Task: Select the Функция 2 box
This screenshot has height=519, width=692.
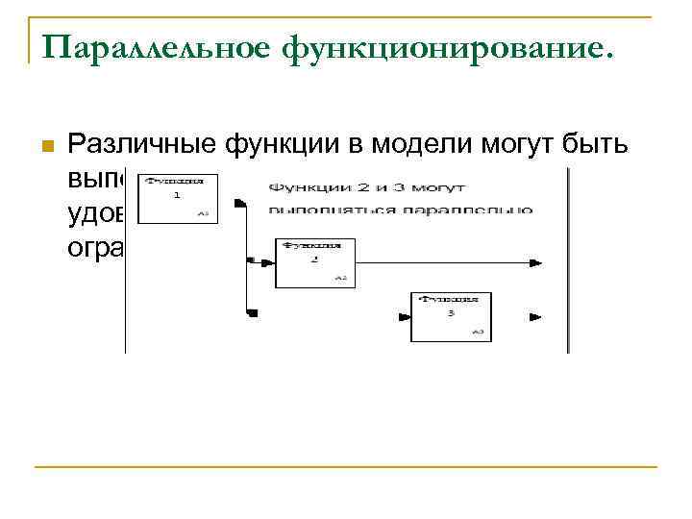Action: tap(315, 262)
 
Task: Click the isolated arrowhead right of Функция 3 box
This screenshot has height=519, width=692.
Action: tap(534, 315)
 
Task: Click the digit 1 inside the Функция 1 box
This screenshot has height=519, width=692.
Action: tap(177, 194)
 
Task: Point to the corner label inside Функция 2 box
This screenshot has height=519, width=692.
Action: tap(340, 279)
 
